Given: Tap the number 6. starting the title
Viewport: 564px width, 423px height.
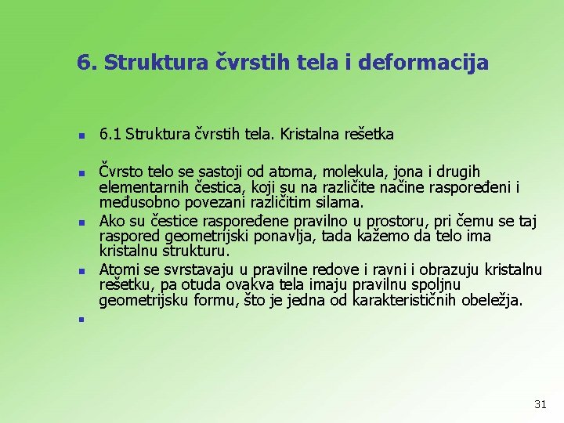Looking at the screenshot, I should pos(87,62).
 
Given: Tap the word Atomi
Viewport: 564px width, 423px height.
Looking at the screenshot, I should pos(118,270).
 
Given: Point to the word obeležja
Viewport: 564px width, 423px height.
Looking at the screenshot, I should pos(491,302).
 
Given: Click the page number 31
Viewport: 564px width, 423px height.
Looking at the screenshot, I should pos(540,404).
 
